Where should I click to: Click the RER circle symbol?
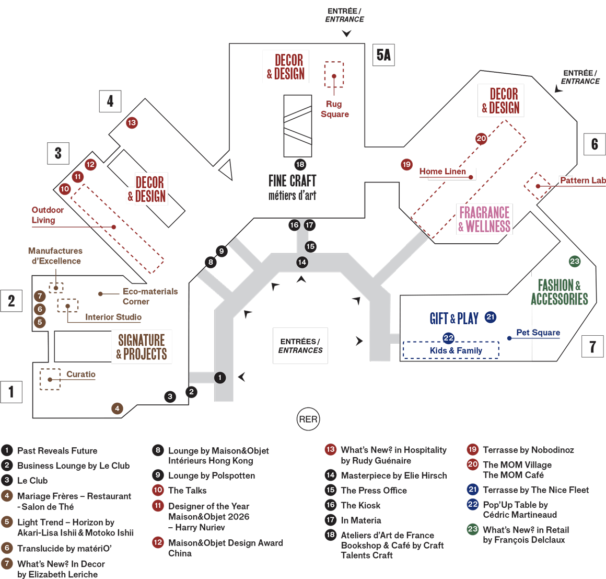point(308,419)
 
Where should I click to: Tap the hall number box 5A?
point(383,55)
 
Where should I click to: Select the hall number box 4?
point(110,101)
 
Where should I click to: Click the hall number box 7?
point(592,346)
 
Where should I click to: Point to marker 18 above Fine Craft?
point(300,164)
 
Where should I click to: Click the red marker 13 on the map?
point(132,123)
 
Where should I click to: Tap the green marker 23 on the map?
point(575,261)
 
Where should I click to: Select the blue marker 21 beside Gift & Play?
point(490,317)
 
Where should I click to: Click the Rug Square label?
point(334,109)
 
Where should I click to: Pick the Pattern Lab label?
point(582,180)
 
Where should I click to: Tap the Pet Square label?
point(538,333)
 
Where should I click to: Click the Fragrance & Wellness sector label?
point(484,219)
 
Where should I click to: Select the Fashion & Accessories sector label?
point(559,292)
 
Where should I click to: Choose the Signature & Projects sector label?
point(142,347)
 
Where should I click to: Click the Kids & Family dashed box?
point(451,350)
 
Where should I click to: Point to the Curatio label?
point(81,374)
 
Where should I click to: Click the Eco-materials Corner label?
point(149,297)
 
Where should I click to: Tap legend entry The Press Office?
point(374,491)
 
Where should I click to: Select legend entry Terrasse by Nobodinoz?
point(528,450)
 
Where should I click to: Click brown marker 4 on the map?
point(117,408)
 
